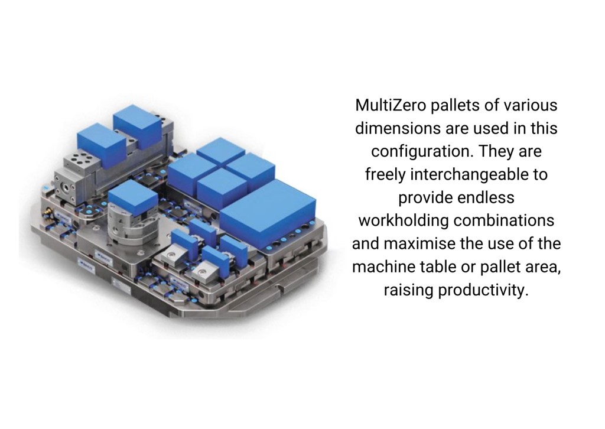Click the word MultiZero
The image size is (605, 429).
point(391,105)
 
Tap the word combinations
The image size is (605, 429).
point(504,220)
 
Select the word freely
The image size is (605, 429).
point(385,175)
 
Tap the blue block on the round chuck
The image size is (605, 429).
point(133,198)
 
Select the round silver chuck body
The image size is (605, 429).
point(131,227)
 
